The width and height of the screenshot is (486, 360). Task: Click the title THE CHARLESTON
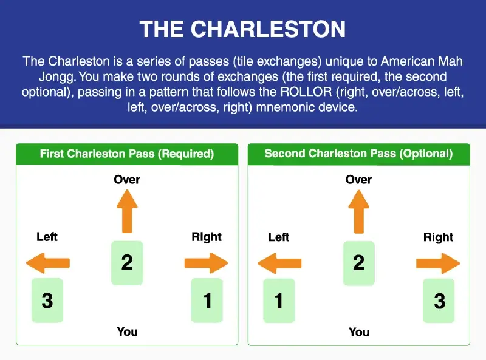tap(242, 29)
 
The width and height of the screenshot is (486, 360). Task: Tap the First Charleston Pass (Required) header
tap(126, 154)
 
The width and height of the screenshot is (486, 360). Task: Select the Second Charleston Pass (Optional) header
tap(358, 154)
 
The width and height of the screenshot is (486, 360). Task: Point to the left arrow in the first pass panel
tap(48, 263)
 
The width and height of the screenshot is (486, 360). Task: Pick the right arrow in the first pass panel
tap(206, 263)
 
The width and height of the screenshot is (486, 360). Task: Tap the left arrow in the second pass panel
tap(279, 263)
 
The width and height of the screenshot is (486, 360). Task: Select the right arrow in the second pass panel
tap(438, 263)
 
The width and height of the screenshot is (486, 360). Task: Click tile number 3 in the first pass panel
tap(47, 300)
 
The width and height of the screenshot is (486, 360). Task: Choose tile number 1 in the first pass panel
tap(207, 300)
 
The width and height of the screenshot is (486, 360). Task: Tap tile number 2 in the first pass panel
tap(127, 262)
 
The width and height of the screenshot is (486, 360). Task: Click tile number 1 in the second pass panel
tap(279, 301)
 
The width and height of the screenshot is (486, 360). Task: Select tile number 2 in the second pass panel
tap(358, 262)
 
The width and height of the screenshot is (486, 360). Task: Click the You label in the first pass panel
tap(127, 331)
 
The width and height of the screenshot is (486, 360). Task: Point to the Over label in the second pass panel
tap(358, 180)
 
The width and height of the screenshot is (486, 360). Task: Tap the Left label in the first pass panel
tap(47, 237)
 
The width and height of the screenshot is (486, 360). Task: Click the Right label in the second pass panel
tap(438, 237)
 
